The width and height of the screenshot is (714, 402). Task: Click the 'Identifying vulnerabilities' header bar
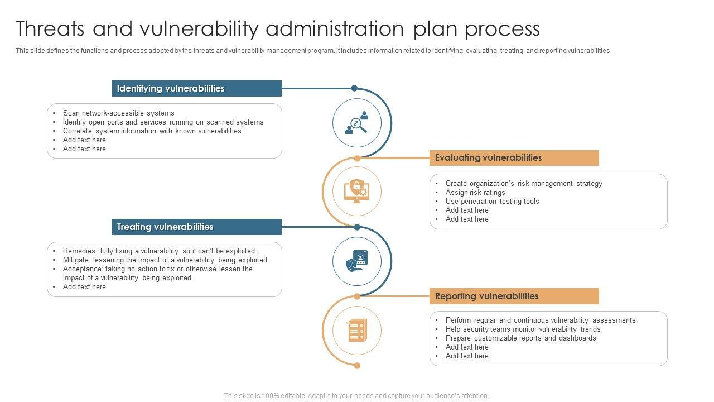(x=196, y=89)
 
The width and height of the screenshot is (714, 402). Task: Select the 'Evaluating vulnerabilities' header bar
(x=514, y=158)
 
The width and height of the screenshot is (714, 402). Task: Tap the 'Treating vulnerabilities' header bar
(x=196, y=227)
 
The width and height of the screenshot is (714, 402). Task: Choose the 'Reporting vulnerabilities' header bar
(x=514, y=296)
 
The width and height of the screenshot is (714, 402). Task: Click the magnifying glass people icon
(x=357, y=123)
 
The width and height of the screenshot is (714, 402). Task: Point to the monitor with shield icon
(x=357, y=192)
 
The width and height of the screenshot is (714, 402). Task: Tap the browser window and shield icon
(x=357, y=261)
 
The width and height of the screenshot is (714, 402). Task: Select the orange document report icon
(x=357, y=331)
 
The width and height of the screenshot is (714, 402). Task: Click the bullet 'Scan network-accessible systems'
(x=118, y=113)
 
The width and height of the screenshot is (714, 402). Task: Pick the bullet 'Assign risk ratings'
(x=475, y=193)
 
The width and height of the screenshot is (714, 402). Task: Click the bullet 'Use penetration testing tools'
(x=492, y=202)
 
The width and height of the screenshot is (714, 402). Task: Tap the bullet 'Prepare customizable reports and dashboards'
(x=520, y=338)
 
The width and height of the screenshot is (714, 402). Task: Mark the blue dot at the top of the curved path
(x=354, y=88)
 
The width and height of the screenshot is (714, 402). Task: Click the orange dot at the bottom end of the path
(x=357, y=366)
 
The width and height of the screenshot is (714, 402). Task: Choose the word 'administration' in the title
(x=334, y=28)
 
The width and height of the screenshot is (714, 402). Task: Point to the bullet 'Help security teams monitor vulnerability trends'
(x=523, y=329)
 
